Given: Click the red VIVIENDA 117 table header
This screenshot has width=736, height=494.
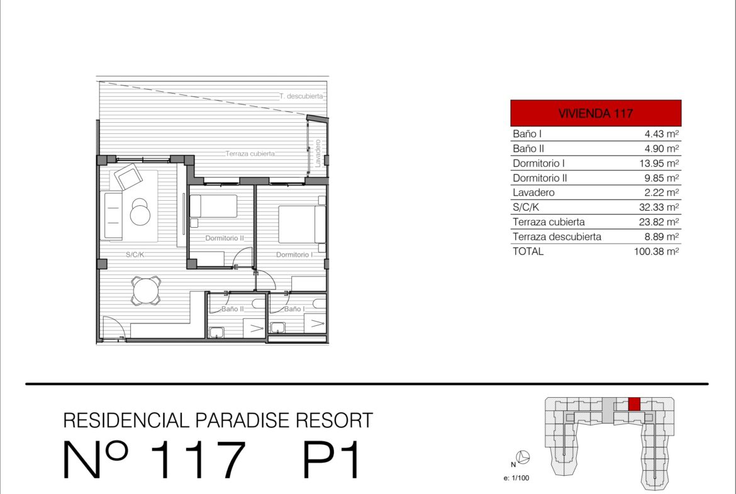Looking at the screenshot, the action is (596, 113).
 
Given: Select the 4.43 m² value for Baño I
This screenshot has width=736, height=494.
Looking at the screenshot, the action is (661, 134).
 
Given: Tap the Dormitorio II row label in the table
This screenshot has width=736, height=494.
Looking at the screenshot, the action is (540, 178).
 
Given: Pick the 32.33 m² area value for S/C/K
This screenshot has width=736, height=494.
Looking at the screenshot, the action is (659, 207).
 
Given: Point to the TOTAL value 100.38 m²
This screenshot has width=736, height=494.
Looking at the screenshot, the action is (656, 251).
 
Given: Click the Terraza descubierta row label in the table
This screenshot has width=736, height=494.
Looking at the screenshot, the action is (557, 237).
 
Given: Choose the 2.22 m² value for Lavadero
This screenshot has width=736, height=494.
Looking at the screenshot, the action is (661, 193).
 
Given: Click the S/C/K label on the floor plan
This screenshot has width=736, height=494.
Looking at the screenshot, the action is (135, 254).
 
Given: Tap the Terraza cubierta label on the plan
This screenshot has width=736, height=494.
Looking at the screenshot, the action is (250, 154).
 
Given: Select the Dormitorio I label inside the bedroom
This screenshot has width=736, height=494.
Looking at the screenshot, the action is (294, 254).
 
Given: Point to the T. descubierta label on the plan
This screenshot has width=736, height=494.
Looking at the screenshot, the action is (301, 96).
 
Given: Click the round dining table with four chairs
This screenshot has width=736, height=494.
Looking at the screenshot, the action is (146, 291).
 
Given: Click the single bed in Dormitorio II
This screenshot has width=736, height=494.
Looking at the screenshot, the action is (214, 206).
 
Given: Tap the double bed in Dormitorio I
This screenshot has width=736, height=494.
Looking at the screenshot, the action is (302, 225).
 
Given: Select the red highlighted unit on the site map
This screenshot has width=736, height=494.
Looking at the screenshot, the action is (634, 404).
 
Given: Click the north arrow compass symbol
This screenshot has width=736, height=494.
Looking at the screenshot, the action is (522, 457).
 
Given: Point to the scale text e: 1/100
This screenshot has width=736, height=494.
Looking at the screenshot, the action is (516, 478).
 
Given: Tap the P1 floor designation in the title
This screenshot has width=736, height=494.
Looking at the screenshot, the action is (331, 459).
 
